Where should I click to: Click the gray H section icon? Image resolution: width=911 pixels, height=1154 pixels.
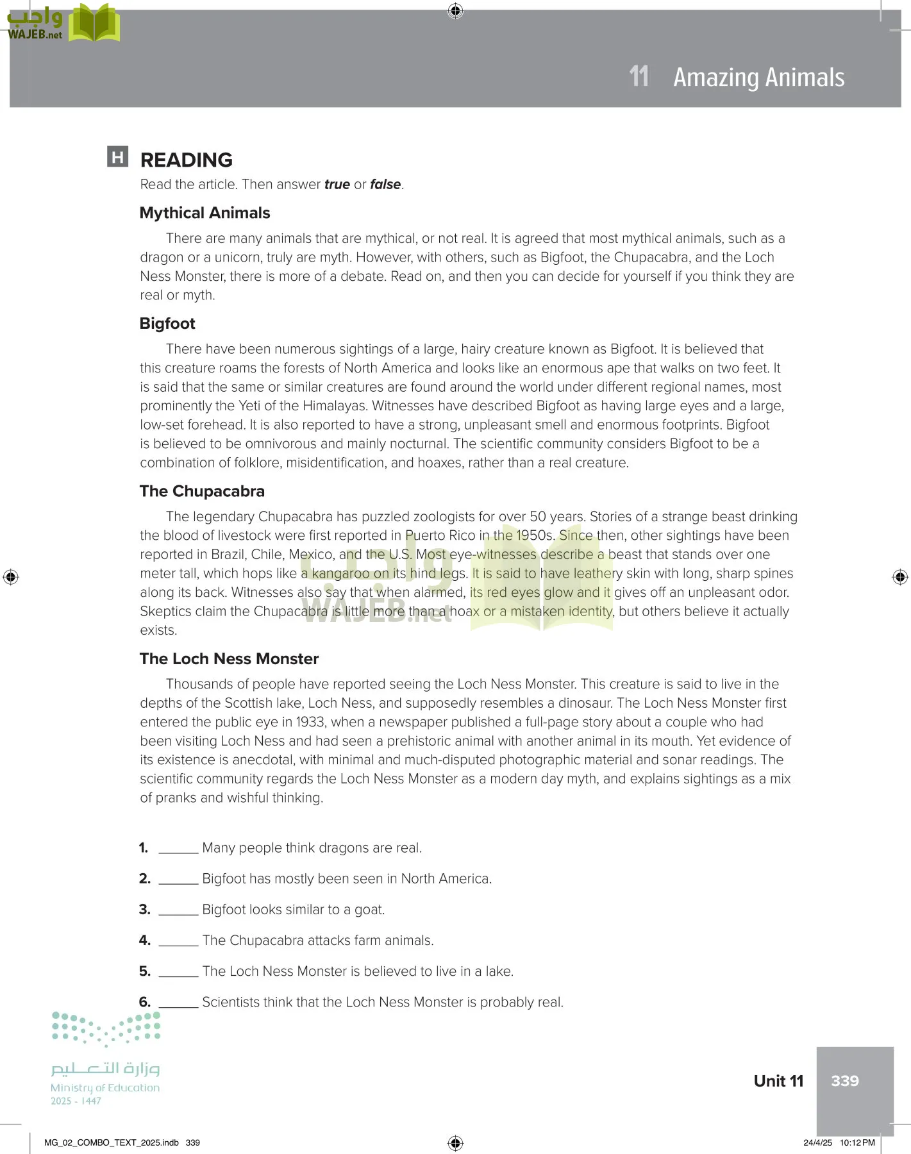pos(118,157)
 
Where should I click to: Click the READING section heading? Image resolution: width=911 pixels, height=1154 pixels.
pos(186,160)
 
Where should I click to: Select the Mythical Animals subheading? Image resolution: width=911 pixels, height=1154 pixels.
pos(205,213)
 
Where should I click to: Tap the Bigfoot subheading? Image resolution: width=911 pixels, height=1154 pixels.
pos(167,324)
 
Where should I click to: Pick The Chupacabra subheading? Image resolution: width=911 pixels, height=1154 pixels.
pos(202,491)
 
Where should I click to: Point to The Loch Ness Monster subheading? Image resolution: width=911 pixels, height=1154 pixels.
pos(229,658)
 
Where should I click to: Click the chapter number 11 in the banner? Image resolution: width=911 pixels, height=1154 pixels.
pos(639,77)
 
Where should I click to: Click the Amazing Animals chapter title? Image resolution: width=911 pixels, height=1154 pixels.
pos(758,78)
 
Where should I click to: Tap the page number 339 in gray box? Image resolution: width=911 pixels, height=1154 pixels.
pos(844,1081)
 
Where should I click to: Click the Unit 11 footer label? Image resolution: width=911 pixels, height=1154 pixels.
pos(778,1081)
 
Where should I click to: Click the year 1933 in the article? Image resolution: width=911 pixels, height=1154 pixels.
pos(310,722)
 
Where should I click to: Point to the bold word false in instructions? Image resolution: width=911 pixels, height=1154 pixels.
pos(385,185)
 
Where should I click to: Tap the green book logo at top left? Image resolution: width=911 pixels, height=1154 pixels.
pos(94,24)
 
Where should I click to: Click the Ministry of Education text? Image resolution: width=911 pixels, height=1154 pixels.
pos(105,1088)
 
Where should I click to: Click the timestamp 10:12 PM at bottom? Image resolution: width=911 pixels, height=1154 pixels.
pos(857,1142)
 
